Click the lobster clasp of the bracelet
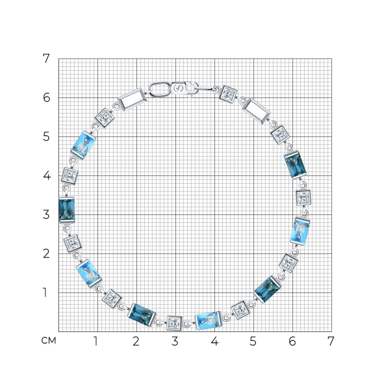pyautogui.click(x=184, y=89)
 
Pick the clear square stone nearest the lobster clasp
pyautogui.click(x=228, y=94)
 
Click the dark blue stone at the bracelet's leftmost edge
pyautogui.click(x=67, y=210)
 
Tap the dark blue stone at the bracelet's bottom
pyautogui.click(x=141, y=314)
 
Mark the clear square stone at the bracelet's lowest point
pyautogui.click(x=174, y=323)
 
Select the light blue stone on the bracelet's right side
pyautogui.click(x=300, y=231)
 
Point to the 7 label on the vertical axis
pyautogui.click(x=46, y=58)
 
